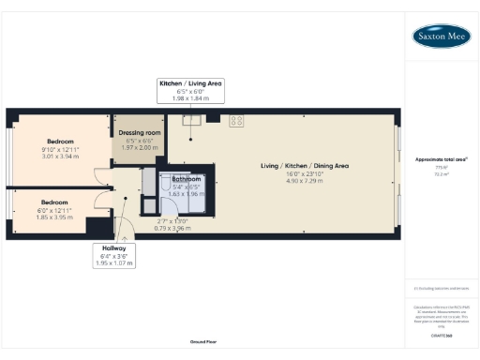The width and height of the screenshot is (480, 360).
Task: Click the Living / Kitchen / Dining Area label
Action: (x=305, y=166)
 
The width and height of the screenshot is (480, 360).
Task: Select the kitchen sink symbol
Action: (x=193, y=119)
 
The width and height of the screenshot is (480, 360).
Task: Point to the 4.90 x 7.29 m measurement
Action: (x=305, y=181)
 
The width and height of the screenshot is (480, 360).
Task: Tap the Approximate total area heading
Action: (x=441, y=159)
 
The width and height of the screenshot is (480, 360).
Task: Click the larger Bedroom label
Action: (x=61, y=142)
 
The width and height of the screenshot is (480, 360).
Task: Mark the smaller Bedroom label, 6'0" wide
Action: (x=54, y=202)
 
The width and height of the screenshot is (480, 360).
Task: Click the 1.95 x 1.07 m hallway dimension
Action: (x=115, y=263)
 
